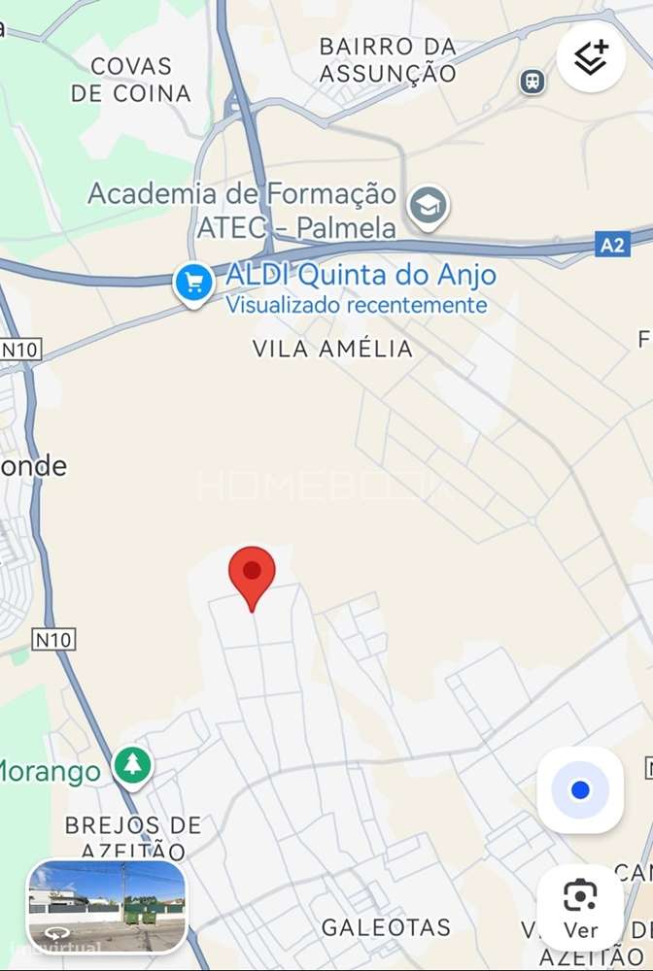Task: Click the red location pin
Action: (252, 574)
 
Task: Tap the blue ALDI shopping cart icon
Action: (193, 284)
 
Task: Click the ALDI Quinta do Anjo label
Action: (361, 275)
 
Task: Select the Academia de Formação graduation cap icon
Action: (428, 206)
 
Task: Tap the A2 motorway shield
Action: (612, 245)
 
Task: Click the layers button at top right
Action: (591, 57)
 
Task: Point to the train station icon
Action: (533, 81)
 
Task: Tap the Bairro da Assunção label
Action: (388, 59)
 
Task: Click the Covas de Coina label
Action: (131, 80)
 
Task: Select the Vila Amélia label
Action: (332, 349)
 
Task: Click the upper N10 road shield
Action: (20, 349)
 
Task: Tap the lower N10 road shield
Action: (53, 639)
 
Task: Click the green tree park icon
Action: (132, 765)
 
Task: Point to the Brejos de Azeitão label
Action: (133, 837)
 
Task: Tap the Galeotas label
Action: (386, 927)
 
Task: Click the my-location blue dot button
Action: (580, 789)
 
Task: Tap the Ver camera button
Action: (580, 907)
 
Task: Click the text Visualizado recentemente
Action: (357, 305)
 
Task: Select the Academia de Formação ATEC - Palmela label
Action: (242, 210)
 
